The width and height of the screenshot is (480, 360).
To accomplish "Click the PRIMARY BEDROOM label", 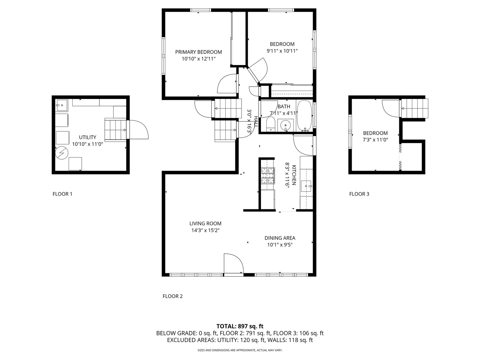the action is [x=198, y=52].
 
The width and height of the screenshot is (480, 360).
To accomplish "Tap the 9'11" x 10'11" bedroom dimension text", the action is [x=282, y=51].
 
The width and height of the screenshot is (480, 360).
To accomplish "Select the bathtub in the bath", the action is [x=304, y=116].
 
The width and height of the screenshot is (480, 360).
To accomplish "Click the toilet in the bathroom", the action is [x=271, y=124].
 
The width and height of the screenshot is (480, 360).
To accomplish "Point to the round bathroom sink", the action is [x=285, y=125].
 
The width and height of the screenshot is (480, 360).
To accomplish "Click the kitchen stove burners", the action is [x=268, y=175].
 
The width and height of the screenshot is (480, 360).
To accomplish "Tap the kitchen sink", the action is [x=306, y=186].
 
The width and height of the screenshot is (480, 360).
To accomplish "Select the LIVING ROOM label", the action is [x=205, y=223].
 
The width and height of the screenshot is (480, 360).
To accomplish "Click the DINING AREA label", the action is [x=280, y=238].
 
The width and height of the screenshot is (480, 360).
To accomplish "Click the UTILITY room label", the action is [x=87, y=137].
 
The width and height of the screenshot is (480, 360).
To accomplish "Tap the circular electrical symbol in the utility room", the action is [x=62, y=153].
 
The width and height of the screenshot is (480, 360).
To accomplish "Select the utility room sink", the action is [x=62, y=105].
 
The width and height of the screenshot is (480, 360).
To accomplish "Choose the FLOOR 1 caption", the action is [x=62, y=194].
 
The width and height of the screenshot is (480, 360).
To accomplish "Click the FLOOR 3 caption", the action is [x=359, y=194].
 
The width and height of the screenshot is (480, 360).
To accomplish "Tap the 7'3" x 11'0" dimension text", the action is [x=375, y=140].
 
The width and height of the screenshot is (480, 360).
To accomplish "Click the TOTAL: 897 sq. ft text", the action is [x=240, y=326].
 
